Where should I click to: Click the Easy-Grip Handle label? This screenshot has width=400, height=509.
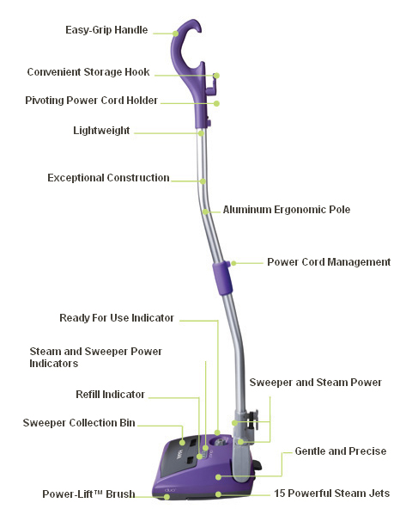click(x=106, y=30)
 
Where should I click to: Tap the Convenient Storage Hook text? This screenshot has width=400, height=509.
click(x=88, y=71)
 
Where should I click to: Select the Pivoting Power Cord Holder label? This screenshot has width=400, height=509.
click(x=91, y=101)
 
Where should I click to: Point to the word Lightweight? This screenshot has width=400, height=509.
click(x=101, y=130)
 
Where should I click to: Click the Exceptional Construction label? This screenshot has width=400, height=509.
click(x=109, y=178)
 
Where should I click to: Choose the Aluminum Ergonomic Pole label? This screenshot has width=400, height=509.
click(x=287, y=210)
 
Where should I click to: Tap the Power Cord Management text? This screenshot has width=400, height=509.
click(x=329, y=262)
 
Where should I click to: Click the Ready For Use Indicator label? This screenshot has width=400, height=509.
click(x=117, y=318)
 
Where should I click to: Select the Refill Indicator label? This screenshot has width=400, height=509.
click(x=110, y=394)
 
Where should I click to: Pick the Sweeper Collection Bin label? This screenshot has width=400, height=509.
click(x=79, y=423)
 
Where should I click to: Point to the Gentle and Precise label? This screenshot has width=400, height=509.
click(x=341, y=451)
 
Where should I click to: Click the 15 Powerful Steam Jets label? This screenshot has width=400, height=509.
click(x=332, y=494)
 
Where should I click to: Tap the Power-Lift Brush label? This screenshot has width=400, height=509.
click(x=88, y=494)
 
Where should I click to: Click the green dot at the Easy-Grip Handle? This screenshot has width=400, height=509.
click(x=175, y=34)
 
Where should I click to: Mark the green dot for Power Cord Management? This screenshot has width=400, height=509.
click(x=233, y=263)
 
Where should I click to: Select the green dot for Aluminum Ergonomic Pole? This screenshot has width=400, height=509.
click(x=205, y=212)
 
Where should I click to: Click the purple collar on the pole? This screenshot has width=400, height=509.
click(x=222, y=279)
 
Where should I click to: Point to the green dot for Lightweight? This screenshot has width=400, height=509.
click(x=201, y=133)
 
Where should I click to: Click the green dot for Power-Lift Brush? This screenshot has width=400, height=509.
click(x=167, y=497)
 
